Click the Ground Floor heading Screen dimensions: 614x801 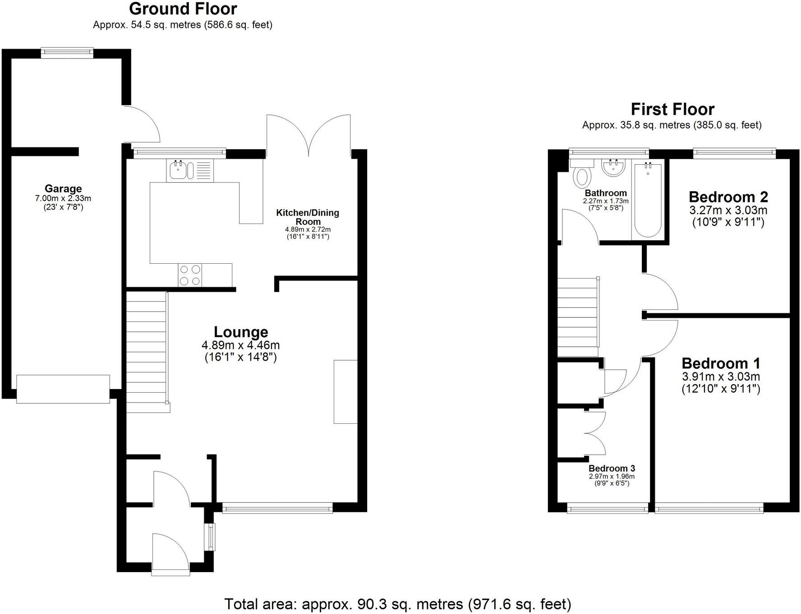(183, 9)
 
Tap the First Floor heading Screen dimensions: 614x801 (672, 110)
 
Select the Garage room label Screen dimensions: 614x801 (63, 189)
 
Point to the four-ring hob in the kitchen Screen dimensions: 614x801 (189, 275)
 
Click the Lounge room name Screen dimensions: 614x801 (241, 332)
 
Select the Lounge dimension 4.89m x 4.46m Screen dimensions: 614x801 (241, 345)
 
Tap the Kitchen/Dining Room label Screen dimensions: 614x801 (308, 217)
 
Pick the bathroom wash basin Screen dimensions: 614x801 (613, 169)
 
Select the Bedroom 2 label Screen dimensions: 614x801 (728, 197)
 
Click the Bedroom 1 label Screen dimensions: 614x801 (721, 363)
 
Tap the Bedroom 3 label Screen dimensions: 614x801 (612, 469)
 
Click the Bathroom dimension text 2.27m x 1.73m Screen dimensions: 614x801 (605, 201)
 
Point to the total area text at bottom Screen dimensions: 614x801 (397, 604)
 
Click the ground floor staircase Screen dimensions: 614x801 (146, 352)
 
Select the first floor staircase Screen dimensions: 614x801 (578, 317)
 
